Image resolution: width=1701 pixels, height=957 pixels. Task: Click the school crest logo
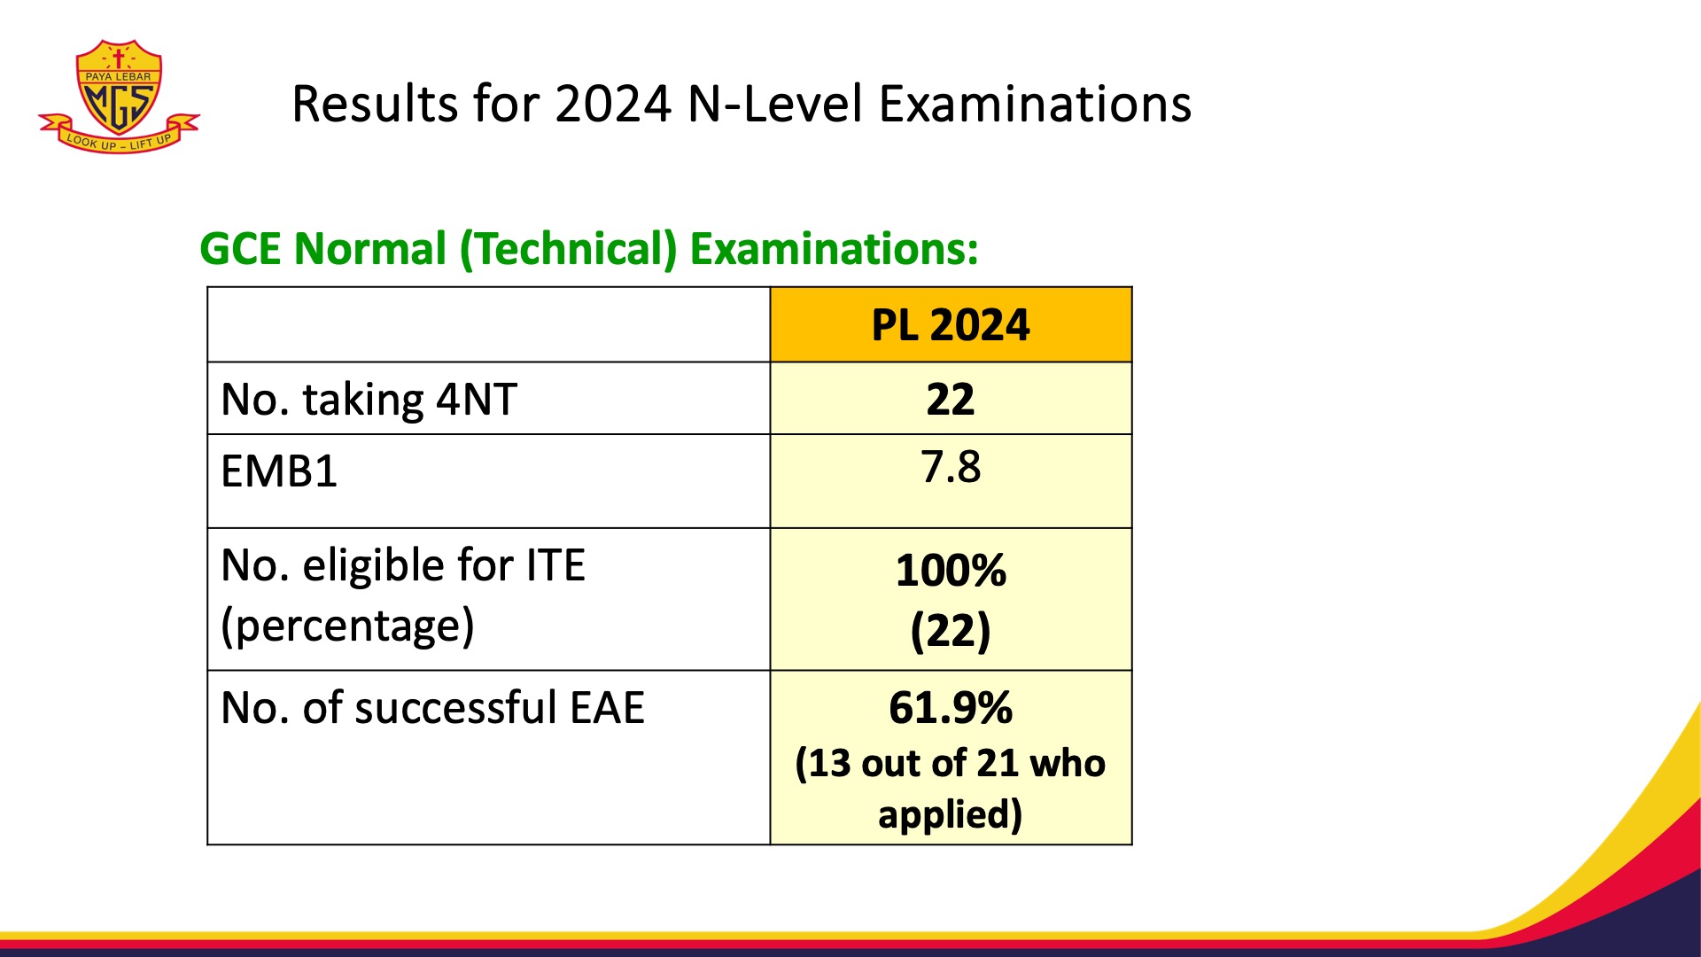click(119, 96)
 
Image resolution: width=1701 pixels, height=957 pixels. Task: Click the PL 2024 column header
click(951, 325)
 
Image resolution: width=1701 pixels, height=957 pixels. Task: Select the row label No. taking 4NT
click(369, 400)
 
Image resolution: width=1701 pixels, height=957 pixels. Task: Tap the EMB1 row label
click(279, 471)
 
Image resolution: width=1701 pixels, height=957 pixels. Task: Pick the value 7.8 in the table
click(951, 467)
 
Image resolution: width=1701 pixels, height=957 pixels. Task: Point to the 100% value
click(951, 571)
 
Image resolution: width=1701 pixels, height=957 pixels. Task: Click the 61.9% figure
click(951, 708)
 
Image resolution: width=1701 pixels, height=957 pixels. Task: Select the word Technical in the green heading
click(568, 249)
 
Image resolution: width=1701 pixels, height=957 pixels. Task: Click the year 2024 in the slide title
click(612, 105)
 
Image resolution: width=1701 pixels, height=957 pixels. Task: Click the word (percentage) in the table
click(347, 626)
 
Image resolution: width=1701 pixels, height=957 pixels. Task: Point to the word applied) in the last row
click(950, 814)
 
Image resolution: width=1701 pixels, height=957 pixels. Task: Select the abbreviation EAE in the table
click(607, 708)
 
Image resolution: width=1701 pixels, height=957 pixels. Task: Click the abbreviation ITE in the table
click(555, 565)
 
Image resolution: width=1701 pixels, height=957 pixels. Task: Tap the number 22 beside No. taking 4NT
click(951, 400)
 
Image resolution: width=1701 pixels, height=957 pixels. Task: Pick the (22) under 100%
click(951, 631)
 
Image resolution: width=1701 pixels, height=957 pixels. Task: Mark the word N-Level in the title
click(775, 105)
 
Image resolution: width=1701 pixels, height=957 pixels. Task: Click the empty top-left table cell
click(488, 325)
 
